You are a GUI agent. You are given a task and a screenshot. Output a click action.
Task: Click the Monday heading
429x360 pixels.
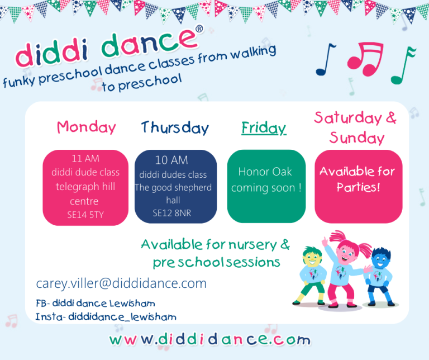87,127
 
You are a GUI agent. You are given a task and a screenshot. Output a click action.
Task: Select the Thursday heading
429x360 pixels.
175,128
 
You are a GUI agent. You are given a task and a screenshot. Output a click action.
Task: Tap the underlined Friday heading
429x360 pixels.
264,128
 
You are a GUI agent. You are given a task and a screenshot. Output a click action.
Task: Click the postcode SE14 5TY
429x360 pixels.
85,215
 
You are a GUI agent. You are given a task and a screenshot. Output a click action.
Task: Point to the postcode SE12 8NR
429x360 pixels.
172,213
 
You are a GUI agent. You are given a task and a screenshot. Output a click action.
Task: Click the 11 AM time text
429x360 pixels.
85,159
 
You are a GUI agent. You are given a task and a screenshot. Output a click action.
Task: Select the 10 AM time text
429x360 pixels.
171,160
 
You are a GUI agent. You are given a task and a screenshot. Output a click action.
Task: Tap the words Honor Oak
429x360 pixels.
265,172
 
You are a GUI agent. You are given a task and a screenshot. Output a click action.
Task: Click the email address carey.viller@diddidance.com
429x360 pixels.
121,283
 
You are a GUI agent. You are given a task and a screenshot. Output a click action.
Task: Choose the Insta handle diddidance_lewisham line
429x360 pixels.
106,317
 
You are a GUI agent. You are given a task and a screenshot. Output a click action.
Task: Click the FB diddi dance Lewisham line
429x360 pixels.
96,304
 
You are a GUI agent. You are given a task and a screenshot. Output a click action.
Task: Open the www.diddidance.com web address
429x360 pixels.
210,340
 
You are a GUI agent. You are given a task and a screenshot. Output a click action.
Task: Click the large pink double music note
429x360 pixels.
365,59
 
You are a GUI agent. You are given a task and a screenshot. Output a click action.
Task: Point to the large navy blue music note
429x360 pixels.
325,59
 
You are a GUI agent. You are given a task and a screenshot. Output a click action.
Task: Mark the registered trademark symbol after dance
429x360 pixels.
199,29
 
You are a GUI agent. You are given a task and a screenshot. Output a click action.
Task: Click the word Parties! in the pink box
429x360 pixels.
359,187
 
